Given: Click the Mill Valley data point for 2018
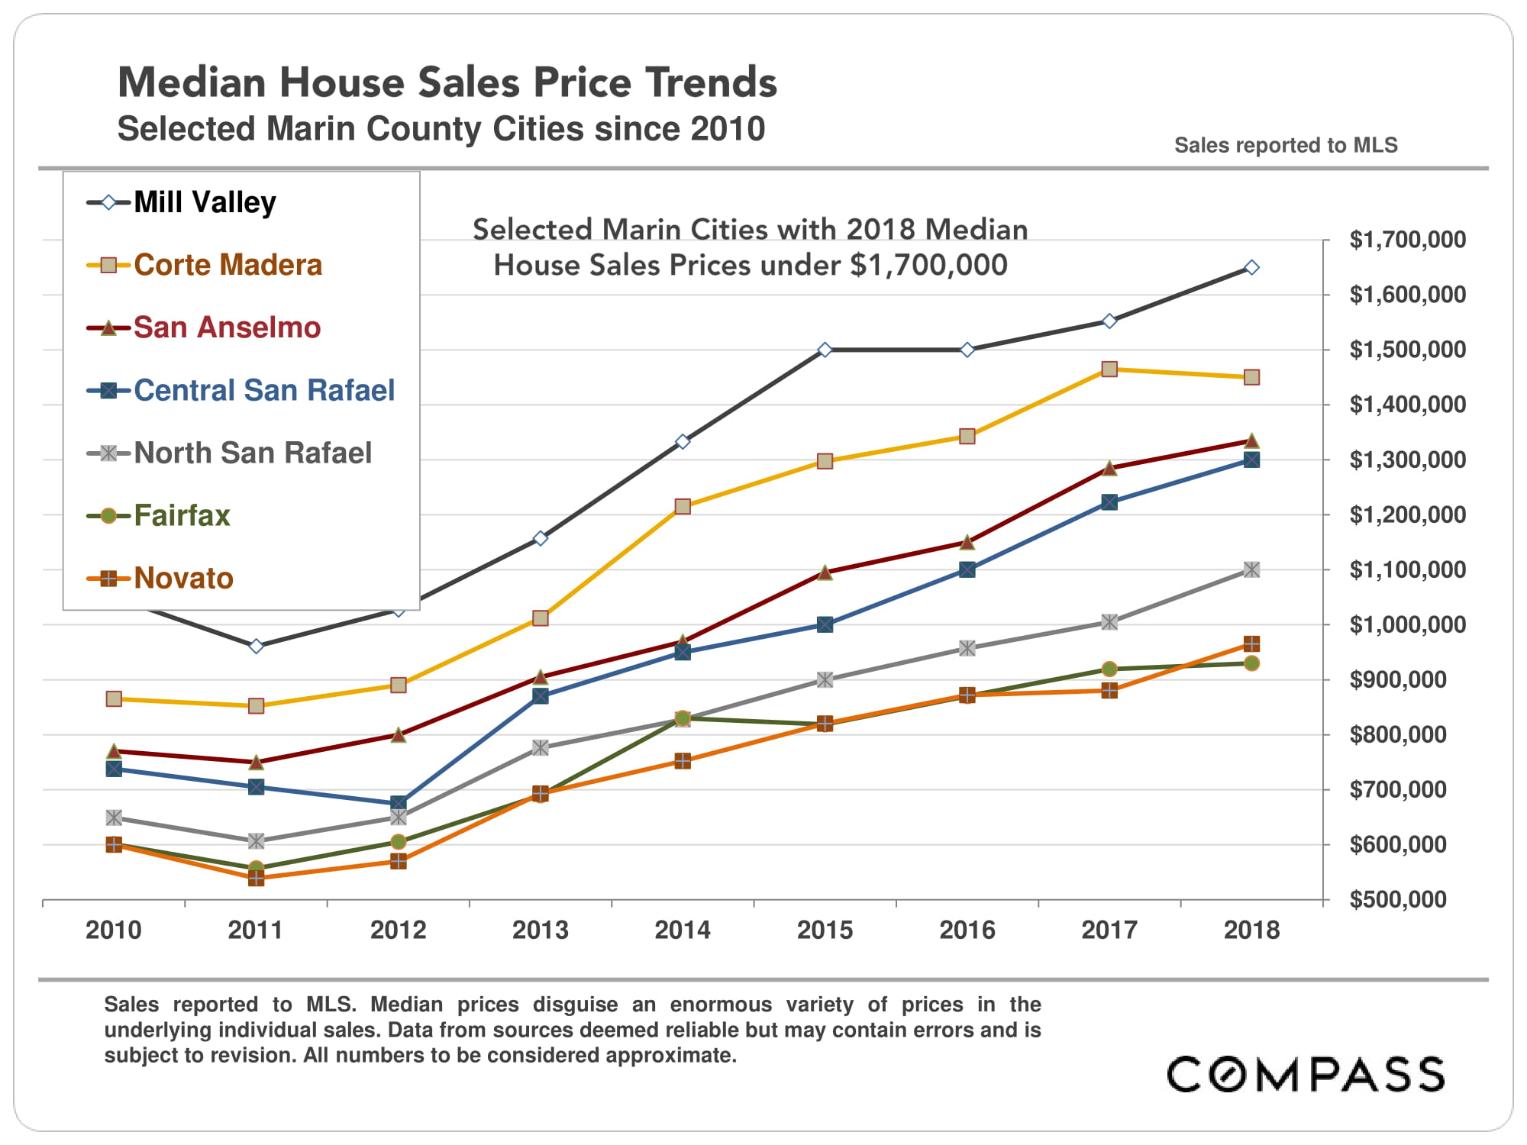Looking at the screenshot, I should coord(1251,267).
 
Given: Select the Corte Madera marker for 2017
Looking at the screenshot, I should coord(1109,369).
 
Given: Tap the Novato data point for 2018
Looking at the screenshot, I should coord(1251,643).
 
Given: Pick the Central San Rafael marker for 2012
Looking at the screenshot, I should coord(398,803).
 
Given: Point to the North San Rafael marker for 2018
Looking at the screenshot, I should coord(1251,569).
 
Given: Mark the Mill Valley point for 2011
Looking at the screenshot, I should coord(257,646).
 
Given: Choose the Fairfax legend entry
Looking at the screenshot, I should coord(182,515).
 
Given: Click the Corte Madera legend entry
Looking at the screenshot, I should coord(228,265).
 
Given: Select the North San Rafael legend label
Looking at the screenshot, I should coord(253,453).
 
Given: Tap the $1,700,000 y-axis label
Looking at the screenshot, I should coord(1407,240).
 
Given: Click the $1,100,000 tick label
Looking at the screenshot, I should coord(1407,569).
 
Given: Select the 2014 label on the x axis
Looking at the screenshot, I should coord(683,930).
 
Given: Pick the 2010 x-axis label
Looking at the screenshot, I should coord(114,930).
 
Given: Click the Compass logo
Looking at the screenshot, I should coord(1306,1074).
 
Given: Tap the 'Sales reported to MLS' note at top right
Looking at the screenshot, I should coord(1286,145).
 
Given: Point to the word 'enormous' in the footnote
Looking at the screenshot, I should coord(721,1004).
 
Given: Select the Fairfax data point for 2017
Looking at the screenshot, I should coord(1109,669).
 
